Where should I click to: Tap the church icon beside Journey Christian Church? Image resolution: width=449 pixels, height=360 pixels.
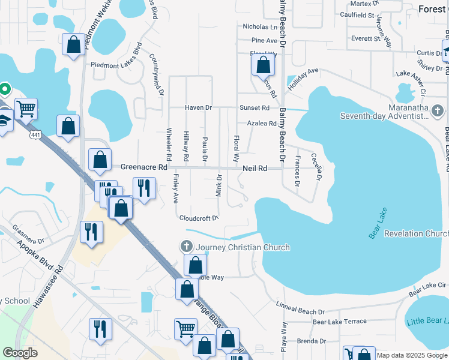[x=187, y=247]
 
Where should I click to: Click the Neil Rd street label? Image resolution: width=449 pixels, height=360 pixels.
[x=255, y=169]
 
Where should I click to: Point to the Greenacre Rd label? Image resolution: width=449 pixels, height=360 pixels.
[x=143, y=167]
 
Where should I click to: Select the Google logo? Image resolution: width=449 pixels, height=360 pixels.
[x=20, y=353]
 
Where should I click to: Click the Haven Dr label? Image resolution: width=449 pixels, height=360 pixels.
[x=199, y=107]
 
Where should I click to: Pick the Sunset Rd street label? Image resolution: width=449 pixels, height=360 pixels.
[x=255, y=107]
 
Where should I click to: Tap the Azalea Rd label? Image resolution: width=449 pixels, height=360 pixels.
[x=262, y=124]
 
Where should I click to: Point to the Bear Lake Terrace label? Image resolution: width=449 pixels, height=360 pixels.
[x=339, y=322]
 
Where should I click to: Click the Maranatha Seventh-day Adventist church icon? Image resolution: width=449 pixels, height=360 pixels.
[x=438, y=111]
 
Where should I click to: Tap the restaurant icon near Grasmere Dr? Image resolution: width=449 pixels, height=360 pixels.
[x=91, y=232]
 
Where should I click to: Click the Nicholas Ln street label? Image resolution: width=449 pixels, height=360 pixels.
[x=260, y=27]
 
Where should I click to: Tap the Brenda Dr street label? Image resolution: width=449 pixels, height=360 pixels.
[x=311, y=341]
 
